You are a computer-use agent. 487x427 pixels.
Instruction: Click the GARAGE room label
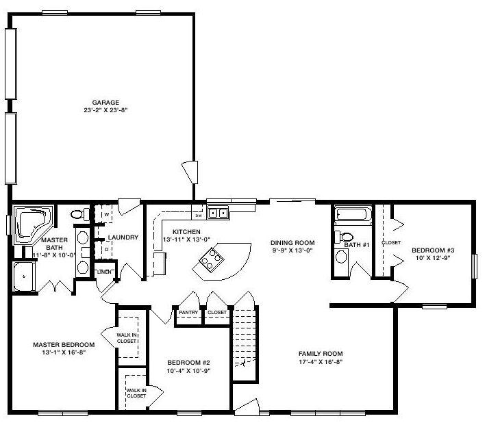tap(105, 103)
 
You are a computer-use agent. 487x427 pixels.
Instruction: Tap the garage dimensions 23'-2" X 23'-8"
tap(105, 110)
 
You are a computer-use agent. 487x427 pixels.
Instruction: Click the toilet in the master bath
tap(79, 214)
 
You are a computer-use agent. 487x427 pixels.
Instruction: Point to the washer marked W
tap(104, 213)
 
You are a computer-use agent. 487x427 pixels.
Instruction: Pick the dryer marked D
tap(104, 249)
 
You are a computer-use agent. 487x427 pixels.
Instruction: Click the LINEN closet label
tap(104, 272)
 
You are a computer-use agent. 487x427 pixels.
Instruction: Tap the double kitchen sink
tap(218, 213)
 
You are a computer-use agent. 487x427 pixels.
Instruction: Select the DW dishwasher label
tap(199, 216)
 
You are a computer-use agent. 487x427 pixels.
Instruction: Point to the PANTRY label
tap(188, 313)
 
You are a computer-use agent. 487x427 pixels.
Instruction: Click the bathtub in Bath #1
tap(353, 214)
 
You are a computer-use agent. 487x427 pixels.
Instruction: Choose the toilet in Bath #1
tap(344, 237)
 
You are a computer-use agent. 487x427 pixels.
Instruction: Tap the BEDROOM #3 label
tap(433, 250)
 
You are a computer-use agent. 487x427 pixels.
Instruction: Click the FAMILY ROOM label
tap(321, 354)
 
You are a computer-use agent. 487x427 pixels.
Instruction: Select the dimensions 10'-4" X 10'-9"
tap(188, 370)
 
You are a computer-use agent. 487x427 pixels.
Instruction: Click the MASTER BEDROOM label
tap(64, 345)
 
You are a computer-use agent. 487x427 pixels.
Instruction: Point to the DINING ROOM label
tap(292, 243)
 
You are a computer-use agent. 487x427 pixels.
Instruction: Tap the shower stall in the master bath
tap(23, 277)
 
